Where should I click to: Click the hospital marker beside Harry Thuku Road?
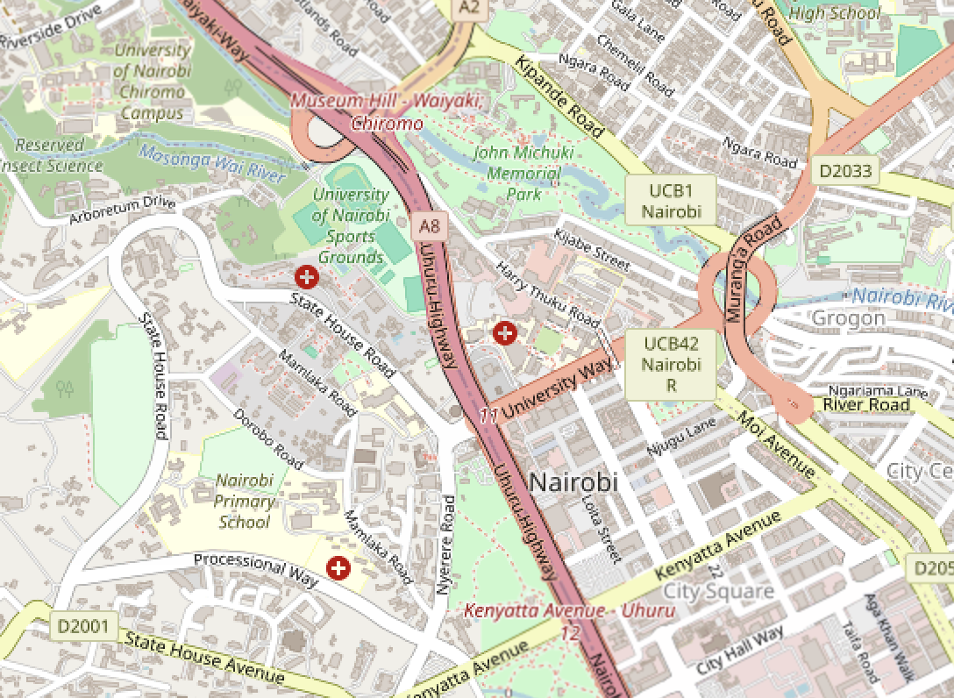[x=504, y=332]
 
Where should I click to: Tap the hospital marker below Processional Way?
[x=338, y=568]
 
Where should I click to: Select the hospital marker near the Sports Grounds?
[x=307, y=278]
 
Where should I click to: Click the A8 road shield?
[x=429, y=227]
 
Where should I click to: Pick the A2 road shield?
[x=471, y=8]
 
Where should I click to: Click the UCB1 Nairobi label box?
[x=671, y=201]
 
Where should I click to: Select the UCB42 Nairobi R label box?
[x=671, y=365]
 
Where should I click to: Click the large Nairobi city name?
[x=574, y=481]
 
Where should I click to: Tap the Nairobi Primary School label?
[x=245, y=501]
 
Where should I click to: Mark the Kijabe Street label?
[x=592, y=248]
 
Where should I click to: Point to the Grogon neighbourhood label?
[x=848, y=317]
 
